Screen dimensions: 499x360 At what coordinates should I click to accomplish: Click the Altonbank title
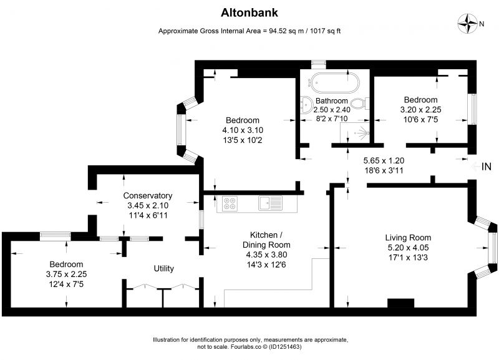pyautogui.click(x=249, y=12)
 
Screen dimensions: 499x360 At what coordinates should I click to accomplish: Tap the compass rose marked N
pyautogui.click(x=467, y=24)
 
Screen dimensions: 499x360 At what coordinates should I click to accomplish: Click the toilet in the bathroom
pyautogui.click(x=360, y=104)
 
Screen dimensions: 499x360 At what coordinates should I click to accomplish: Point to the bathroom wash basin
pyautogui.click(x=306, y=104)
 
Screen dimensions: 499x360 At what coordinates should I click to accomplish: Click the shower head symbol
pyautogui.click(x=363, y=132)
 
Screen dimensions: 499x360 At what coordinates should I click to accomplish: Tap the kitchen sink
pyautogui.click(x=270, y=203)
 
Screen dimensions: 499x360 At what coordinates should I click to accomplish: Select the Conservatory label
pyautogui.click(x=148, y=195)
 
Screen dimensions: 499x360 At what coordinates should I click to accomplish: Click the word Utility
pyautogui.click(x=163, y=269)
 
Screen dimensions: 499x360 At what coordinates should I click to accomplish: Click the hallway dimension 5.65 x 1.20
pyautogui.click(x=384, y=160)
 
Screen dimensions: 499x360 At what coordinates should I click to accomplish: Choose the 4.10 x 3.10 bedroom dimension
pyautogui.click(x=243, y=130)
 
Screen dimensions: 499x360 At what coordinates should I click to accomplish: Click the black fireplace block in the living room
pyautogui.click(x=400, y=303)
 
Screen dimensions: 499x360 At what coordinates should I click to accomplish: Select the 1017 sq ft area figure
pyautogui.click(x=325, y=31)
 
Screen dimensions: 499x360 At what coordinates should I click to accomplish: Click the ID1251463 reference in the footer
pyautogui.click(x=285, y=347)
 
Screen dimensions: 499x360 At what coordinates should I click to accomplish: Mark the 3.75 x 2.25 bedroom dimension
pyautogui.click(x=66, y=274)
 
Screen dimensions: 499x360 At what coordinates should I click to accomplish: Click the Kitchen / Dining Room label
pyautogui.click(x=266, y=240)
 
